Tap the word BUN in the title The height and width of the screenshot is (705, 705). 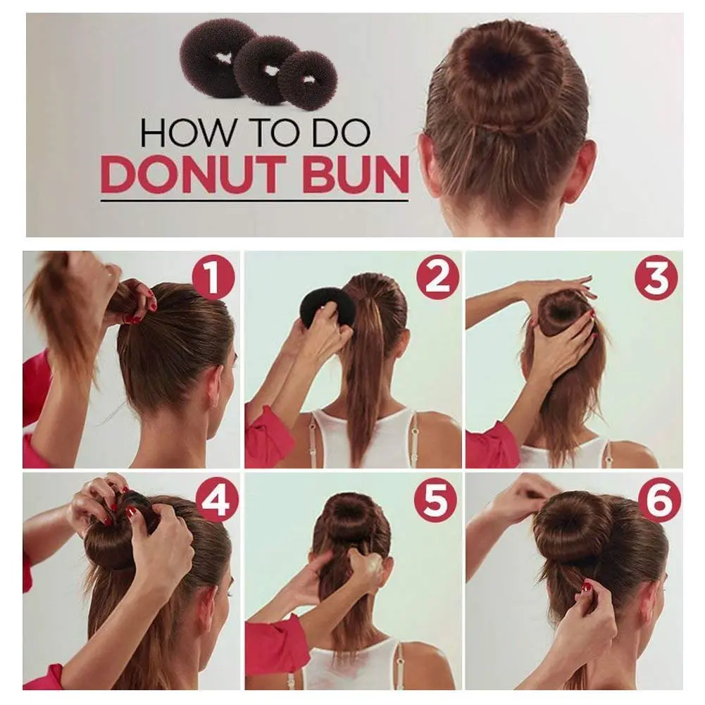coord(356,174)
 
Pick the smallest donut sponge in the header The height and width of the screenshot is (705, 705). coord(307,80)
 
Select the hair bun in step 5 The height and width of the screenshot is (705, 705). coord(352,518)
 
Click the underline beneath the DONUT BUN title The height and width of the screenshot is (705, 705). coord(254,201)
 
